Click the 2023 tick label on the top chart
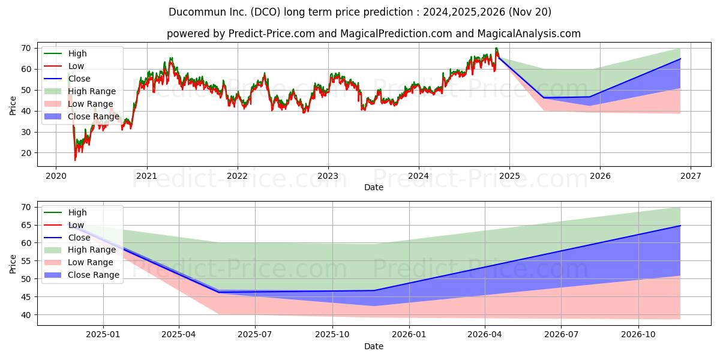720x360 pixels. point(328,176)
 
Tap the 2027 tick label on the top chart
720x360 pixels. point(691,176)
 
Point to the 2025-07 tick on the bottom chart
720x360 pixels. point(255,335)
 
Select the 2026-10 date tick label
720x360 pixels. point(638,335)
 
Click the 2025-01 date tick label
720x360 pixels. point(103,335)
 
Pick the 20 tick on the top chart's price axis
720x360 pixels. point(26,154)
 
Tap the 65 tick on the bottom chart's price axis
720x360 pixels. point(26,226)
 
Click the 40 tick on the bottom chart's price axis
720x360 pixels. point(26,315)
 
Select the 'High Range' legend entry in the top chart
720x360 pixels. point(80,91)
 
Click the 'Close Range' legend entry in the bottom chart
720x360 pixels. point(82,275)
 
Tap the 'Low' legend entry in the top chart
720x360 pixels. point(64,66)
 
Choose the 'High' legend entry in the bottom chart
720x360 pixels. point(65,212)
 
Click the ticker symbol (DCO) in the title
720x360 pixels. point(265,12)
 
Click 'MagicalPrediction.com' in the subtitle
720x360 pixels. point(396,34)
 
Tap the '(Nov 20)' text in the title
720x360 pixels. point(530,12)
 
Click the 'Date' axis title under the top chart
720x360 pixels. point(373,187)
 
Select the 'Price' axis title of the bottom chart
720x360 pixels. point(13,264)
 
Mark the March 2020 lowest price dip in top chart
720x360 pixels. point(75,160)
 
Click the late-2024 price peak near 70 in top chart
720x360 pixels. point(496,48)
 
